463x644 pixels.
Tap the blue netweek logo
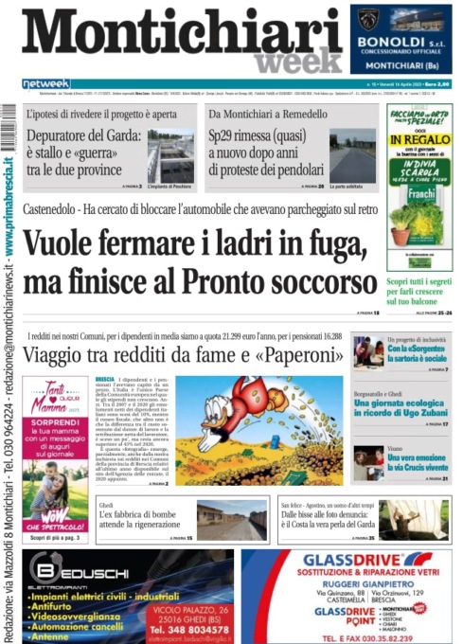[46, 83]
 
